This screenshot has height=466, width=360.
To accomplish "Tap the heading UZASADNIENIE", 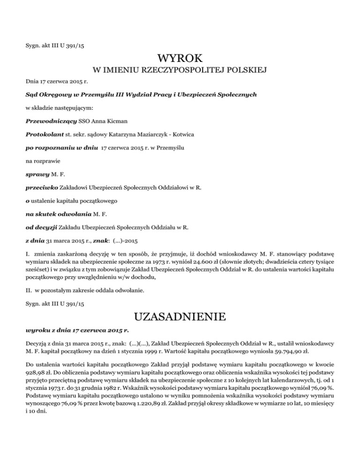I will click(x=180, y=317).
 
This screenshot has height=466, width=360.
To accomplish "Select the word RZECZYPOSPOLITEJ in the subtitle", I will click(x=180, y=71).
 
